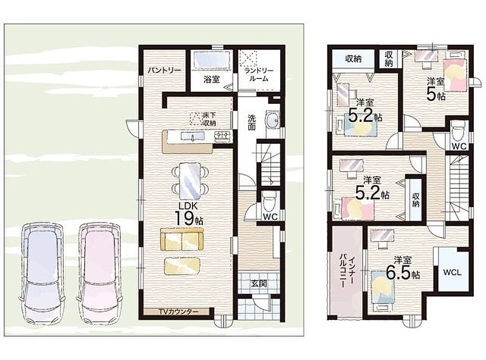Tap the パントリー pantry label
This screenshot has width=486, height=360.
(164, 70)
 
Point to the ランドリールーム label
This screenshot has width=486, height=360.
(259, 75)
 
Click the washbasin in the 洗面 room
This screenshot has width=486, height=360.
(272, 119)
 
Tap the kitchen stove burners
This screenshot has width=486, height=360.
(223, 135)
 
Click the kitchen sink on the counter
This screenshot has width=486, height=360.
(192, 136)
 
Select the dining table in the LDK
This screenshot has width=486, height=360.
(190, 180)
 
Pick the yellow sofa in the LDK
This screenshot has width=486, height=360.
(182, 239)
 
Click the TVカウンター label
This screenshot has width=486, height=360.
(178, 312)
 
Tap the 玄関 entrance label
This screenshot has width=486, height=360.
(259, 284)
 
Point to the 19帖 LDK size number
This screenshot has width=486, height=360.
(189, 218)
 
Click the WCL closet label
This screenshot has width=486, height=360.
(452, 273)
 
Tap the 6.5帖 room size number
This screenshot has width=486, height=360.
(403, 274)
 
